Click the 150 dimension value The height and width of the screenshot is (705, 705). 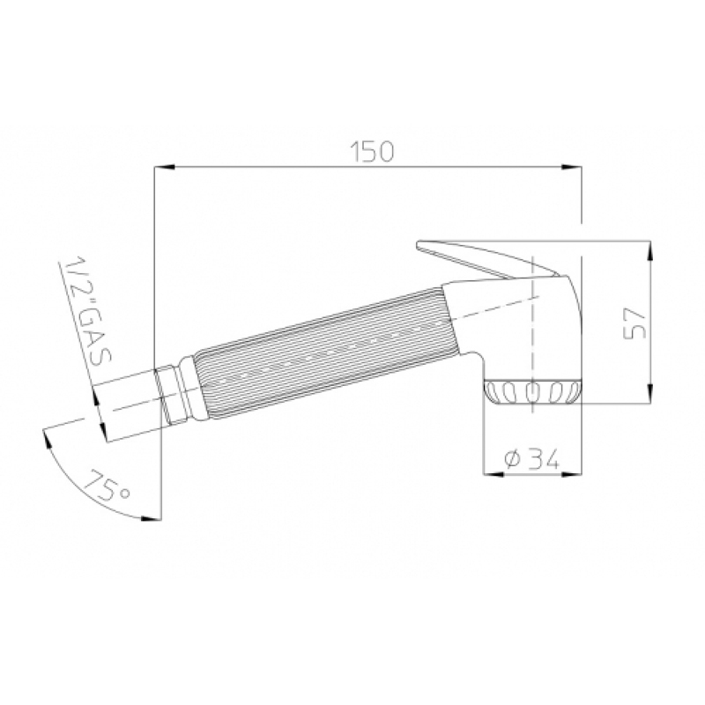point(372,152)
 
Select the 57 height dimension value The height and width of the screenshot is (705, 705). point(635,323)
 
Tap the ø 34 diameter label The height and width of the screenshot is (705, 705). point(532,458)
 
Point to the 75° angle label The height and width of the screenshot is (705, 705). point(107,487)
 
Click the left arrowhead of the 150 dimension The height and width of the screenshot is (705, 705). point(165,167)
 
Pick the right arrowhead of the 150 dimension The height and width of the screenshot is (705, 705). point(571,167)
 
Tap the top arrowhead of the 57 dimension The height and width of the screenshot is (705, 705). point(650,251)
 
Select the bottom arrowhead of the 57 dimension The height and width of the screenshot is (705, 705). point(650,391)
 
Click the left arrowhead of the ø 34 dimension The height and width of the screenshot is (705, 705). point(493,473)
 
